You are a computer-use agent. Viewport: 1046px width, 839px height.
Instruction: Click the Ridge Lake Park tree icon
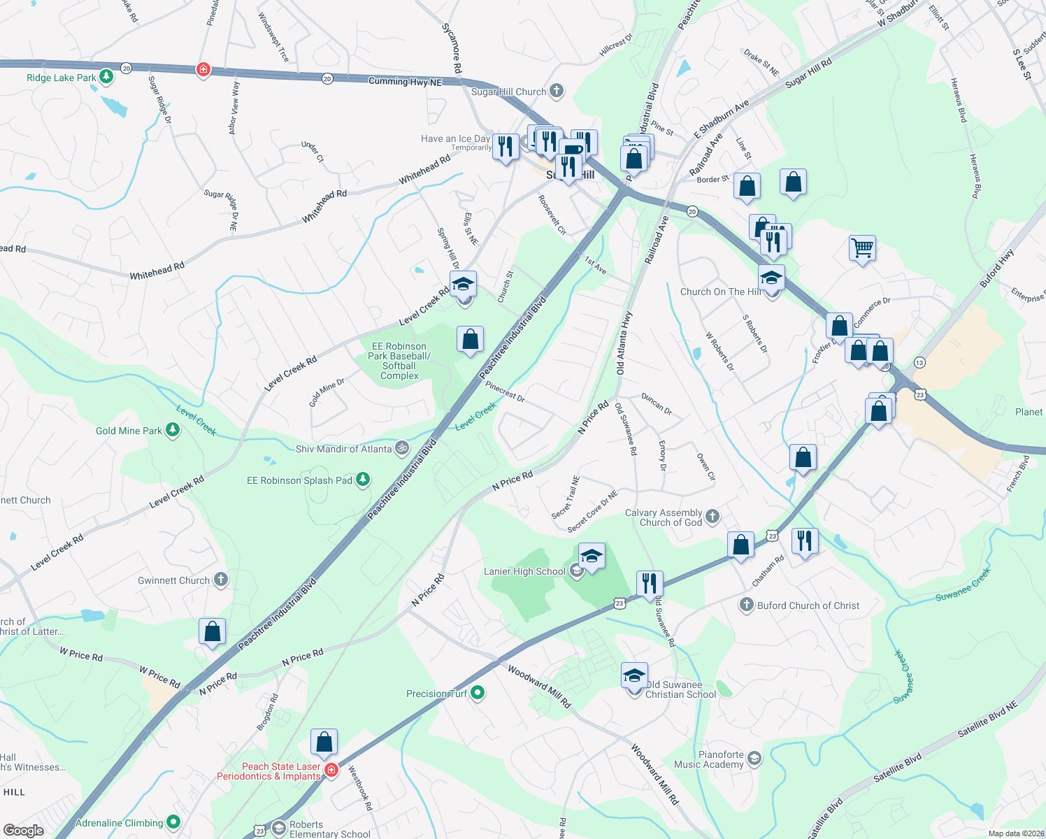(x=106, y=77)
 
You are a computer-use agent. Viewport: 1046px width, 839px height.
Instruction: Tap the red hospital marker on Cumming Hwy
(x=203, y=69)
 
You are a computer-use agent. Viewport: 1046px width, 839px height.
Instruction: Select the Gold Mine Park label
(x=129, y=431)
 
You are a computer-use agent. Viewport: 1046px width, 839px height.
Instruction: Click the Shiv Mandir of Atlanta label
(x=343, y=449)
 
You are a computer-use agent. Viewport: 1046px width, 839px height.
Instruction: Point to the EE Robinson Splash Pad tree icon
(x=362, y=480)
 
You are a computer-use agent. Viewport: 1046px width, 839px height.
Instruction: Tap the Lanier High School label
(x=524, y=572)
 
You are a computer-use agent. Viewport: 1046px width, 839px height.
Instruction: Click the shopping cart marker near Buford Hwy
(x=862, y=248)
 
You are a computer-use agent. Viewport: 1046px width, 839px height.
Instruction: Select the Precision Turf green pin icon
(x=478, y=693)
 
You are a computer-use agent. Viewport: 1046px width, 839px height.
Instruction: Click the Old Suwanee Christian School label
(x=680, y=689)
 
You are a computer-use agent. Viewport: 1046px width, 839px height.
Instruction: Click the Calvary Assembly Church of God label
(x=663, y=517)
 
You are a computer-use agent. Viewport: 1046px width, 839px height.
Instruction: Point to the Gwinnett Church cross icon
(x=220, y=580)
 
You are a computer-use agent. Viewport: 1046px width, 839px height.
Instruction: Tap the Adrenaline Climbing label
(x=119, y=823)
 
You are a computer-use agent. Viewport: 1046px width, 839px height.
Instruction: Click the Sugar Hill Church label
(x=508, y=92)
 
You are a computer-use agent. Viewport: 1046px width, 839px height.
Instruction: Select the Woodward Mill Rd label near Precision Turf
(x=538, y=687)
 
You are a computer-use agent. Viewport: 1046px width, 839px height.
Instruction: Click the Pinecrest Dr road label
(x=505, y=391)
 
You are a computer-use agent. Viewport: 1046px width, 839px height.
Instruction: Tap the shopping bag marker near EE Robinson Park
(x=471, y=340)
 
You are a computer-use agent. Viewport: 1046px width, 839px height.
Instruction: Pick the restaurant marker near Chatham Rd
(x=805, y=541)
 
